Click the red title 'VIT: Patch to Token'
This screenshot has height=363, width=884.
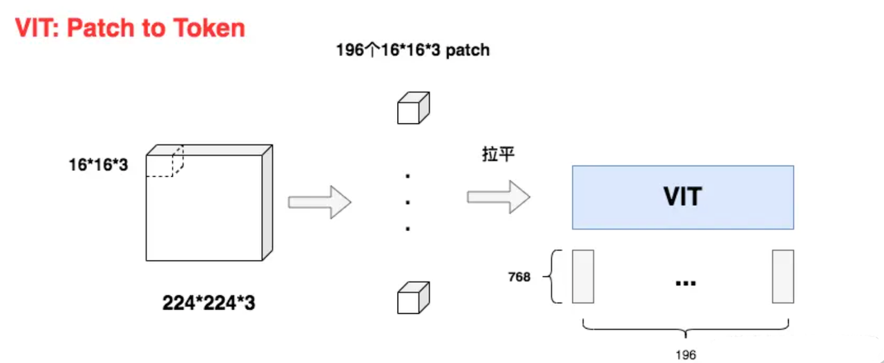coord(130,28)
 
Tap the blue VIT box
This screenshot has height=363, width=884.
coord(682,197)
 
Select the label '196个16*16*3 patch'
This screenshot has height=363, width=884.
coord(412,51)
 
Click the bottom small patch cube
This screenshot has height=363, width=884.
coord(413,299)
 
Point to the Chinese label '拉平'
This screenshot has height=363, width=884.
coord(498,154)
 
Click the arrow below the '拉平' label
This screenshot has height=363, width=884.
coord(498,197)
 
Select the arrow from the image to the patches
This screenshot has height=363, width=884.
coord(319,203)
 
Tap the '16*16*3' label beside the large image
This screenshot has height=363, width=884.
coord(97,165)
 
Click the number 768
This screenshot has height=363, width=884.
coord(519,277)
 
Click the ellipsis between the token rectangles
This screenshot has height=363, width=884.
coord(684,282)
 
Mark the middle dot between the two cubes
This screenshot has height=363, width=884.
coord(408,202)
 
